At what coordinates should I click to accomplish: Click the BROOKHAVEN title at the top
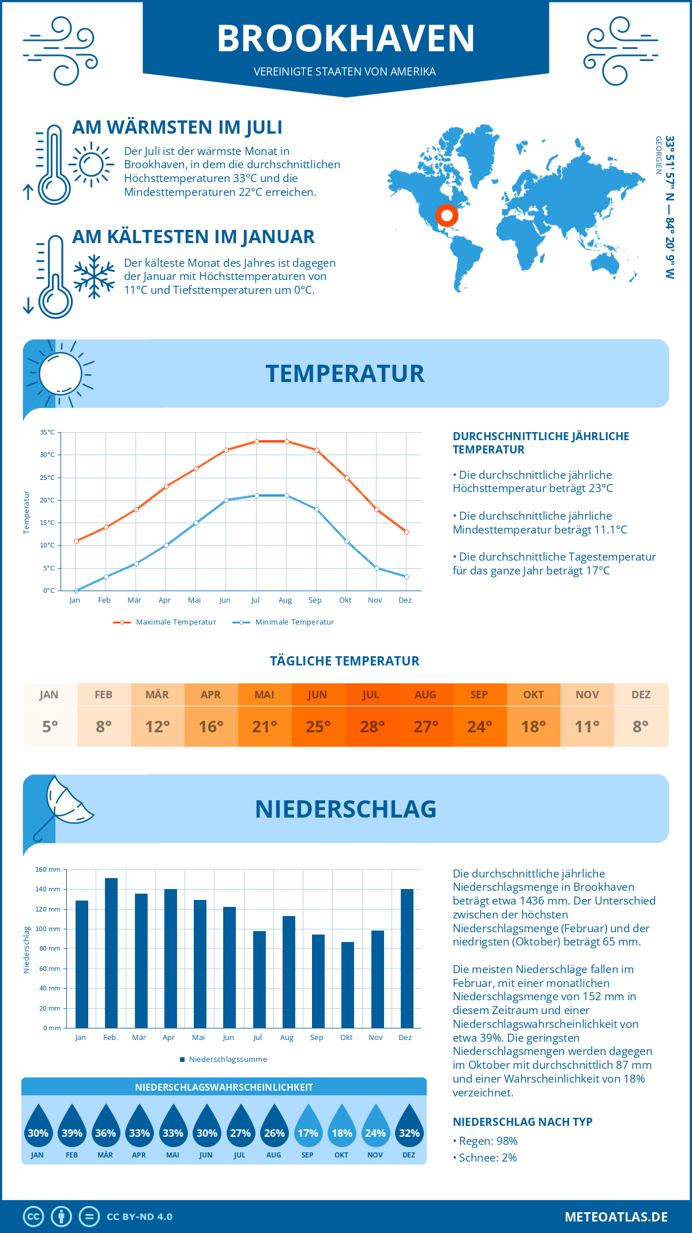pyautogui.click(x=346, y=39)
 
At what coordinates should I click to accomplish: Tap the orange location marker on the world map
pyautogui.click(x=446, y=215)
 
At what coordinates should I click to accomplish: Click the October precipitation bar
pyautogui.click(x=347, y=985)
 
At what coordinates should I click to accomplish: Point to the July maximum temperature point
pyautogui.click(x=257, y=441)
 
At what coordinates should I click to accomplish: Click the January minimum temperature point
pyautogui.click(x=76, y=591)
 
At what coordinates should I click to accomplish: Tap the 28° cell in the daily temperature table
pyautogui.click(x=372, y=727)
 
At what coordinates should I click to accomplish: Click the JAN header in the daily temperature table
pyautogui.click(x=49, y=695)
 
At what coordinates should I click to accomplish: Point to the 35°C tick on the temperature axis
pyautogui.click(x=47, y=432)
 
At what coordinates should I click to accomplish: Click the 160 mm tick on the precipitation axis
pyautogui.click(x=48, y=869)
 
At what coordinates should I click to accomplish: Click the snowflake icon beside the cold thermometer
pyautogui.click(x=94, y=277)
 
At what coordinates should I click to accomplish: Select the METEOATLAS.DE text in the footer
pyautogui.click(x=616, y=1217)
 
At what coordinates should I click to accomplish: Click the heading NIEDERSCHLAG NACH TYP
pyautogui.click(x=522, y=1122)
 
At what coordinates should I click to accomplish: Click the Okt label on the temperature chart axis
pyautogui.click(x=345, y=600)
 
